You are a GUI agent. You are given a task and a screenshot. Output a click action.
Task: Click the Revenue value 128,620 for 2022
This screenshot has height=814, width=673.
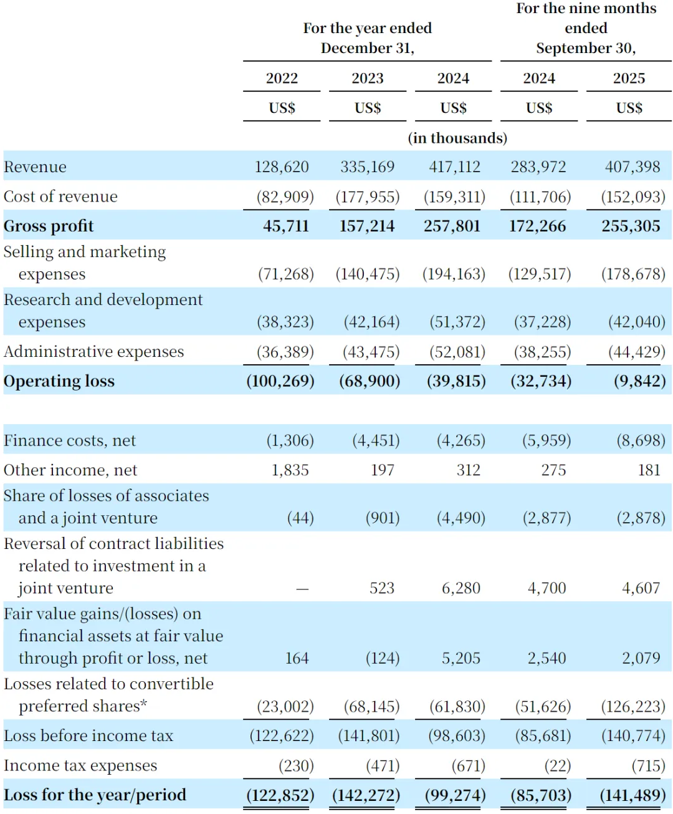pyautogui.click(x=282, y=167)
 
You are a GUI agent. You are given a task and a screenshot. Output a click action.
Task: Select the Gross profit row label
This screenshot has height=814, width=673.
pyautogui.click(x=49, y=226)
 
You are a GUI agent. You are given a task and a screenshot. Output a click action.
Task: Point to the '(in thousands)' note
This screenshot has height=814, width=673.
pyautogui.click(x=457, y=138)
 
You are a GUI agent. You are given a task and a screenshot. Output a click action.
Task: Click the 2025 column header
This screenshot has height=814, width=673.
pyautogui.click(x=629, y=78)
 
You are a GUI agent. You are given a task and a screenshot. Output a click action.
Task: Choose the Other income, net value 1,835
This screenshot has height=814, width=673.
pyautogui.click(x=290, y=470)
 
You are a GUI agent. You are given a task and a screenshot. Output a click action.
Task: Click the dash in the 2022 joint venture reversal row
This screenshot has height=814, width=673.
pyautogui.click(x=302, y=588)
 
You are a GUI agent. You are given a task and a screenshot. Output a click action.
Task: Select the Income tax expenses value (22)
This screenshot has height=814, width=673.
pyautogui.click(x=558, y=765)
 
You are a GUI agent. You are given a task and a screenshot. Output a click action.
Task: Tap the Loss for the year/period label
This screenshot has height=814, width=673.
pyautogui.click(x=95, y=795)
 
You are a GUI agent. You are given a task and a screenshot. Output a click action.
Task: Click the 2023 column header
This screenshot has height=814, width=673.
pyautogui.click(x=368, y=78)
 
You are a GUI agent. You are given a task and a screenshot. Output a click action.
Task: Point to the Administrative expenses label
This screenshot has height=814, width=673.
pyautogui.click(x=93, y=352)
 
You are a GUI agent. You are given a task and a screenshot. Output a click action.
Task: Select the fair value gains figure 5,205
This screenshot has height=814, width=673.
pyautogui.click(x=461, y=658)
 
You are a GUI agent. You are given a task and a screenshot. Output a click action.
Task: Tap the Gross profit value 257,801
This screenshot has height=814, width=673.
pyautogui.click(x=452, y=226)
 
